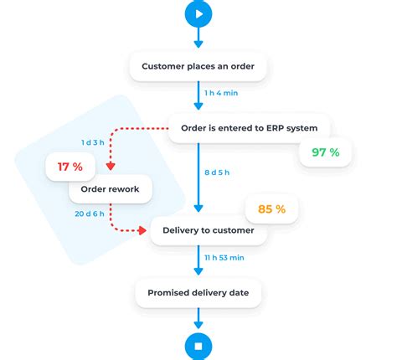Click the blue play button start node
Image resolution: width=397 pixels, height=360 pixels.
[198, 13]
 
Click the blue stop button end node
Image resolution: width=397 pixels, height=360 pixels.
[198, 345]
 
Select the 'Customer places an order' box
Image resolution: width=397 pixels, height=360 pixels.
[198, 66]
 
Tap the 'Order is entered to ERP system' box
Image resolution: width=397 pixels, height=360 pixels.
[250, 128]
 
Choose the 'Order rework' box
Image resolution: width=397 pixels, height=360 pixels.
[110, 188]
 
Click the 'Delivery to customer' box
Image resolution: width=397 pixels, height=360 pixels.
[209, 230]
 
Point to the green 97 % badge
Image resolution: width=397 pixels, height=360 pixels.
[325, 152]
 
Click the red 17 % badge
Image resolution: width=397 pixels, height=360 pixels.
[70, 167]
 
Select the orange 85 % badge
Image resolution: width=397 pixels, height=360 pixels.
[271, 208]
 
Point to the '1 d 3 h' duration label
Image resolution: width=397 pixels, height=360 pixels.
[93, 142]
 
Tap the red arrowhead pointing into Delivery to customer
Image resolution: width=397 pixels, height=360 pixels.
[144, 230]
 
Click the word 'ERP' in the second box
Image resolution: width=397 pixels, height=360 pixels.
[273, 128]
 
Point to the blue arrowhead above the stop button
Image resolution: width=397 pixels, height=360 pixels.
[198, 325]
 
